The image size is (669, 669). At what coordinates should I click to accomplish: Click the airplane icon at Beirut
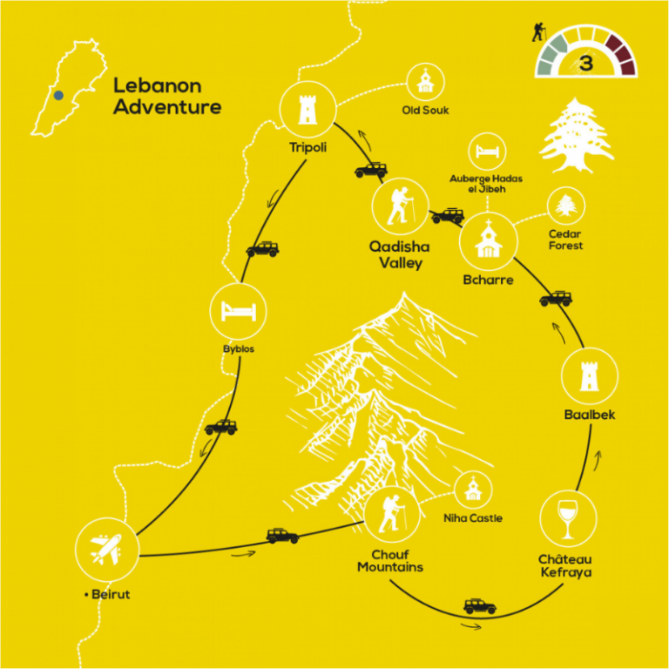(105, 549)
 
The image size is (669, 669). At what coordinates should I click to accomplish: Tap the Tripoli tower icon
(307, 109)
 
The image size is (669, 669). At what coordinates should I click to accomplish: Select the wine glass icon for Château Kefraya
(568, 519)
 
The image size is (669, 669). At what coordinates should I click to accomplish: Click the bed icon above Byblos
(239, 311)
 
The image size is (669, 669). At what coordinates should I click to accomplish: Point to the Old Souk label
(425, 110)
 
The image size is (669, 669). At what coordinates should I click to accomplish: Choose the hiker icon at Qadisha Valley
(400, 206)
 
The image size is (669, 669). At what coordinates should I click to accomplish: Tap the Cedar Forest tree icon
(565, 206)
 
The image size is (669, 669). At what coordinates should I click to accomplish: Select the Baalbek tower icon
(589, 376)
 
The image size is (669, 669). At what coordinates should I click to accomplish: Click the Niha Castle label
(473, 518)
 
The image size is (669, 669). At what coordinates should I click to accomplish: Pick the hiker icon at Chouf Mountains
(392, 514)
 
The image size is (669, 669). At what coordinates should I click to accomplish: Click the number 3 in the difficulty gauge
(586, 63)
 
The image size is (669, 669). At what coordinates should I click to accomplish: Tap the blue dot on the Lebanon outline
(59, 95)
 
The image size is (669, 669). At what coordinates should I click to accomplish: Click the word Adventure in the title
(167, 106)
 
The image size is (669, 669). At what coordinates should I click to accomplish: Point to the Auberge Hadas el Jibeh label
(486, 184)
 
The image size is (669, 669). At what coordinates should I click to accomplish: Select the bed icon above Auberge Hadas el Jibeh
(487, 151)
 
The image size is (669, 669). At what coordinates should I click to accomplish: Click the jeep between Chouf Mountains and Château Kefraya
(480, 606)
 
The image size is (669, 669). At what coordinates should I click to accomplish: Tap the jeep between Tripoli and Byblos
(263, 249)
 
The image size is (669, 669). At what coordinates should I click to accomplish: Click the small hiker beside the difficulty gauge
(539, 32)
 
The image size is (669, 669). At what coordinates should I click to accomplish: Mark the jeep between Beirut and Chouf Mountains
(282, 536)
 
